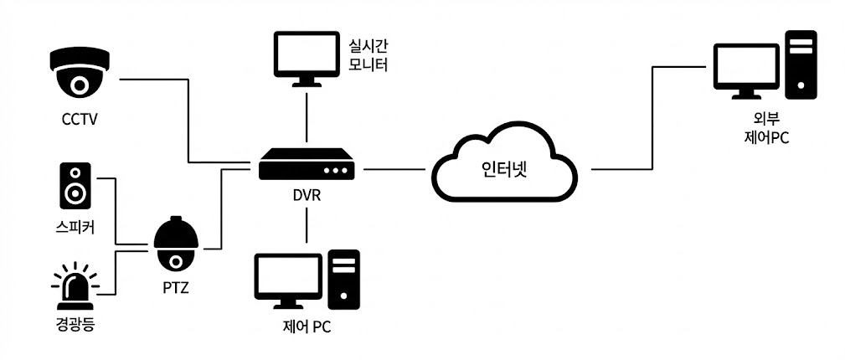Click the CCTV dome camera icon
80,73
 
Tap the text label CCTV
80,119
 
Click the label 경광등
74,323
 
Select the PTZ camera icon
175,244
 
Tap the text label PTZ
176,289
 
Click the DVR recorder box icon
306,164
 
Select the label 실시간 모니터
368,52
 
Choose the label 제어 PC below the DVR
307,327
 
